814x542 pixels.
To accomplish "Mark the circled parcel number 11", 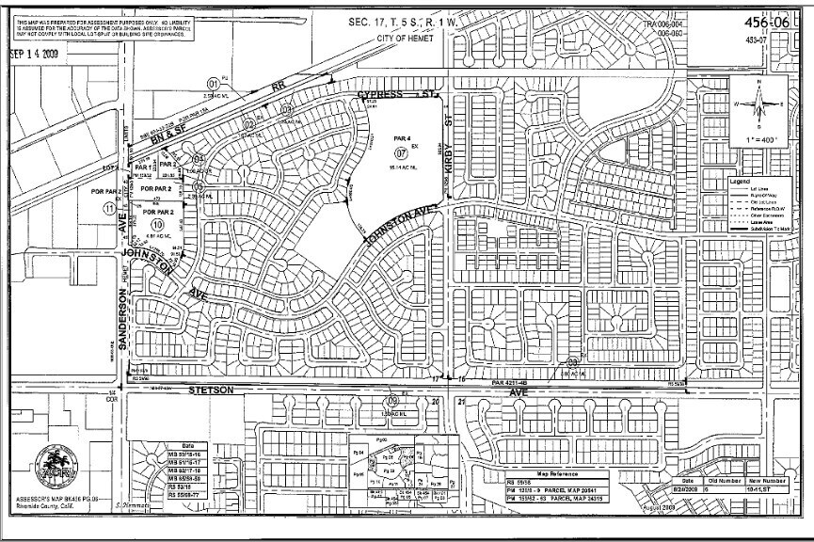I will click(x=110, y=208).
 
